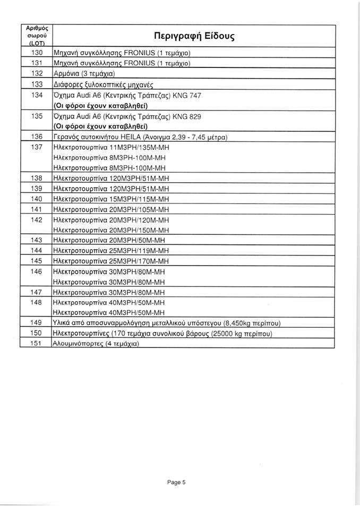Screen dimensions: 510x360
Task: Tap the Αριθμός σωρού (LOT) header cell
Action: pos(37,35)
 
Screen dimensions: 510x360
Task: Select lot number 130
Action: pos(37,54)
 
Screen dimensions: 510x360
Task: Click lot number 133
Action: pos(37,84)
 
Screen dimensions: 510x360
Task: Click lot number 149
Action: pos(37,323)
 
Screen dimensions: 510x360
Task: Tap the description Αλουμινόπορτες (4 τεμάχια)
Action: pos(97,344)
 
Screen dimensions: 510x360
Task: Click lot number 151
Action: pos(37,344)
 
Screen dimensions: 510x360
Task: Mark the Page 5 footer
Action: pos(176,483)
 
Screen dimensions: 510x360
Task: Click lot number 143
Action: pos(37,240)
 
